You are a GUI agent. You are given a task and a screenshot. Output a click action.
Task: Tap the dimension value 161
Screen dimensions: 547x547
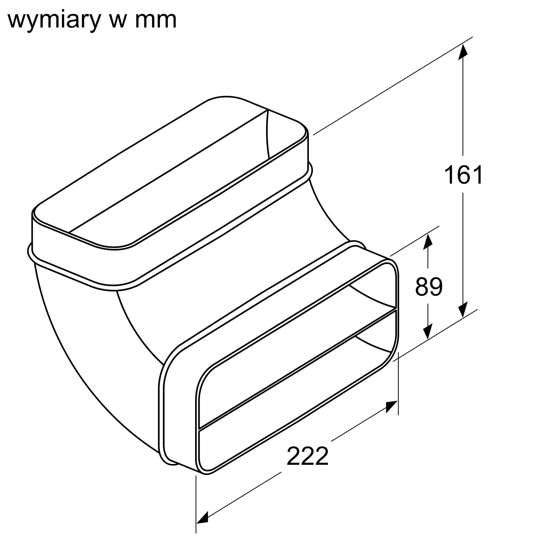(x=463, y=175)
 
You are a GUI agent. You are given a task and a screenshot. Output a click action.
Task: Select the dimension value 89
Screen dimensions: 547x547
(x=429, y=287)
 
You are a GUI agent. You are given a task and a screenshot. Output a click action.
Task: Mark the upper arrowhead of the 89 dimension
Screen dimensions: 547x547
(x=427, y=242)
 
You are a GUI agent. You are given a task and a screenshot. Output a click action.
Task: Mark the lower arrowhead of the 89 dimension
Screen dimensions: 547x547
(x=427, y=331)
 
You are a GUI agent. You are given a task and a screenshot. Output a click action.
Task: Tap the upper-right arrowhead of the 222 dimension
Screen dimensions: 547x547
(x=392, y=406)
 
